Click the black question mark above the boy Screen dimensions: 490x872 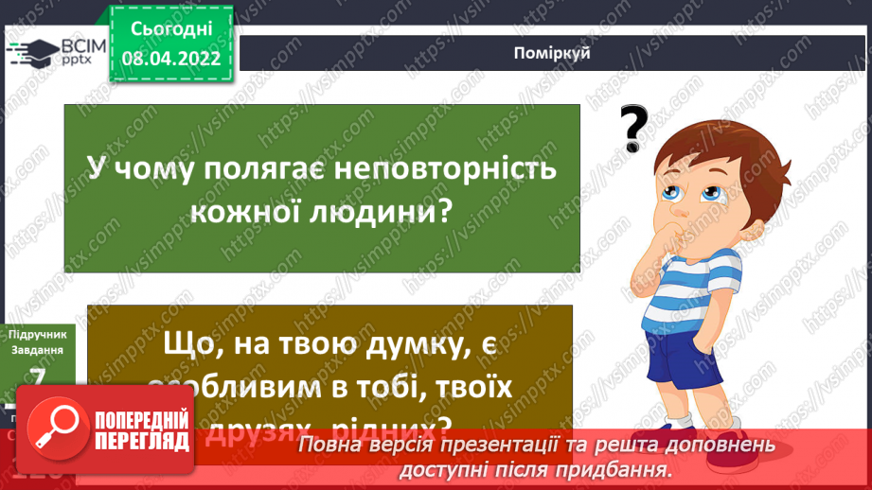click(635, 128)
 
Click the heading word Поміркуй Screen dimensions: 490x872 click(555, 52)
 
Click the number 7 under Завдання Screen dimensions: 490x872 click(38, 378)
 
